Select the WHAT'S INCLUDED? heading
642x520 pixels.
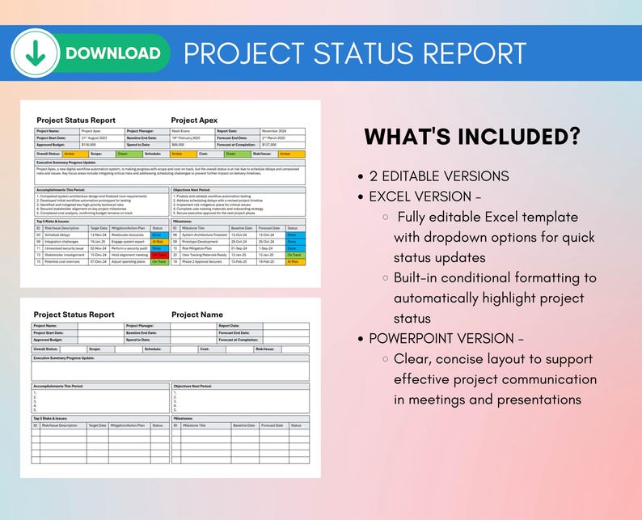[x=471, y=136]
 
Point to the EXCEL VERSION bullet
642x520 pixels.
[x=425, y=197]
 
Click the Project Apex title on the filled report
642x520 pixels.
[x=194, y=120]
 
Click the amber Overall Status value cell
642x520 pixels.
[x=73, y=154]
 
